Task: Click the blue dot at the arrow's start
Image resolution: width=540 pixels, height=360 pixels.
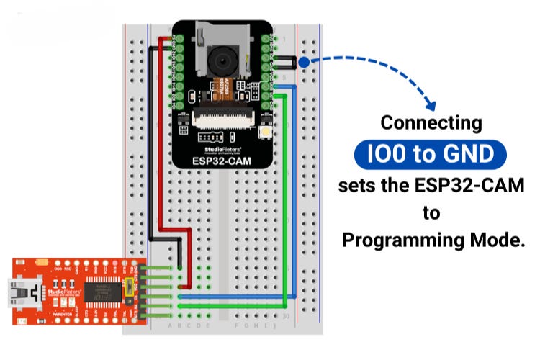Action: pos(304,63)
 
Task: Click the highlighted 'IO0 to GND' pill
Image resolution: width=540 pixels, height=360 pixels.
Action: pos(431,154)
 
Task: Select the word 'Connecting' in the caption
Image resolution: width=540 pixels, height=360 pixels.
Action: pos(431,122)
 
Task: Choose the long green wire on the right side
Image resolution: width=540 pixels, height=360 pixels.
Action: pos(286,202)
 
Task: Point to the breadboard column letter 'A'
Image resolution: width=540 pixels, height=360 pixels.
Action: pos(170,325)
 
